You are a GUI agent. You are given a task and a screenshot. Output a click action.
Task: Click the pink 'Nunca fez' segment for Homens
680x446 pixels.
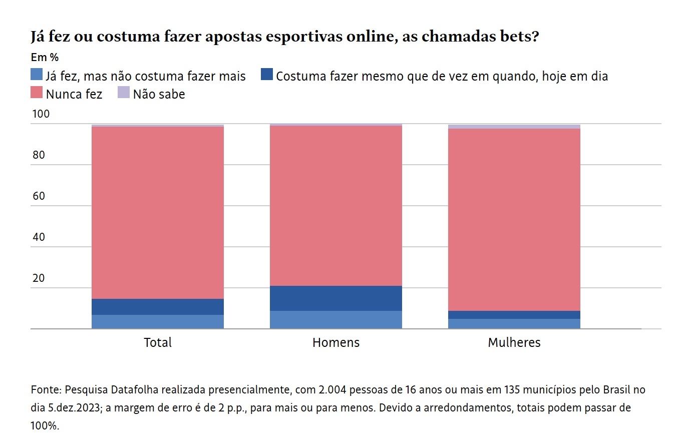coord(335,205)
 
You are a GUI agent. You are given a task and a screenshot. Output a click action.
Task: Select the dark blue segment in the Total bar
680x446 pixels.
coord(158,306)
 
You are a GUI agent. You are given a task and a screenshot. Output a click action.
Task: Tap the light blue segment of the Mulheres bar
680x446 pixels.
coord(514,323)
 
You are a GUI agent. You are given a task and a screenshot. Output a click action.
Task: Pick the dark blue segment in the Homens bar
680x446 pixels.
coord(335,298)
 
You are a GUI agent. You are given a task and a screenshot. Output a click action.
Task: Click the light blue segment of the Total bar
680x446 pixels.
coord(158,321)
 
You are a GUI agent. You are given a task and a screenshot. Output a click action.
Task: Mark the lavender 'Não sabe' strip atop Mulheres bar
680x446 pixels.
coord(514,127)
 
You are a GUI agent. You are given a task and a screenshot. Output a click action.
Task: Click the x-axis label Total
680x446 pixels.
coord(158,342)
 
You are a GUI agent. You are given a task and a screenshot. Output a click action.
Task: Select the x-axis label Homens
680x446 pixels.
coord(335,342)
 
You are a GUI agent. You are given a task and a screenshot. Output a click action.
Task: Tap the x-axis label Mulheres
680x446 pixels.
coord(514,342)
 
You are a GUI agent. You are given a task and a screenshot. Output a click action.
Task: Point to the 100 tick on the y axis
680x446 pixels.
coord(41,114)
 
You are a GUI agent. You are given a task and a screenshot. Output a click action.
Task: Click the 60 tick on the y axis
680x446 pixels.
coord(39,196)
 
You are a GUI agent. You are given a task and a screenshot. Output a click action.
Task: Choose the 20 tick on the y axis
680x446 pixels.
coord(39,278)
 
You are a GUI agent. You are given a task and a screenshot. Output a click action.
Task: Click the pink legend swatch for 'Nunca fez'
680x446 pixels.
coord(37,93)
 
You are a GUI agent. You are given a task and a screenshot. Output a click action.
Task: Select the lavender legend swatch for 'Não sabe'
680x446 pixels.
coord(123,93)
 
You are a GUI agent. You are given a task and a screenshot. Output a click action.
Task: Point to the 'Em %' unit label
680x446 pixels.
coord(45,57)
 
